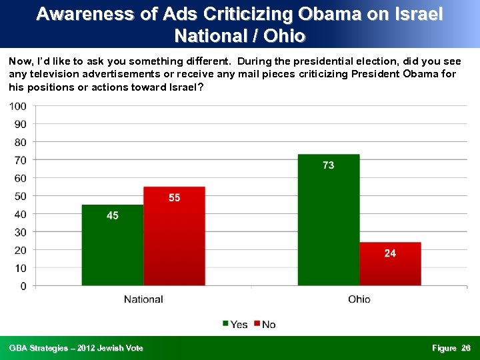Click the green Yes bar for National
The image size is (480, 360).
[112, 245]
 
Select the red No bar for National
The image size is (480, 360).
[174, 236]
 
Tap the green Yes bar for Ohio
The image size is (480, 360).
[328, 220]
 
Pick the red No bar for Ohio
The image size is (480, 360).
[390, 264]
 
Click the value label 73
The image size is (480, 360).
[328, 165]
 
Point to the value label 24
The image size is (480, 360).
[390, 253]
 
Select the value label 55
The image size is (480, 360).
[174, 197]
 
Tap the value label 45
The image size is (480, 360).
[113, 215]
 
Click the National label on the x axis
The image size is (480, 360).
[143, 299]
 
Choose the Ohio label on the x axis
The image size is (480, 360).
[359, 299]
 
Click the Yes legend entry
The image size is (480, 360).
[235, 324]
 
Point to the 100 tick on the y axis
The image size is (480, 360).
[18, 106]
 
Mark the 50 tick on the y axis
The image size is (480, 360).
[21, 196]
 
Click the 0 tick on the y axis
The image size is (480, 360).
[23, 286]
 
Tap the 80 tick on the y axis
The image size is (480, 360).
[21, 142]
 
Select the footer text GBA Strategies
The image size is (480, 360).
[39, 348]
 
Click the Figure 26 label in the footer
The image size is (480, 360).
[451, 348]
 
